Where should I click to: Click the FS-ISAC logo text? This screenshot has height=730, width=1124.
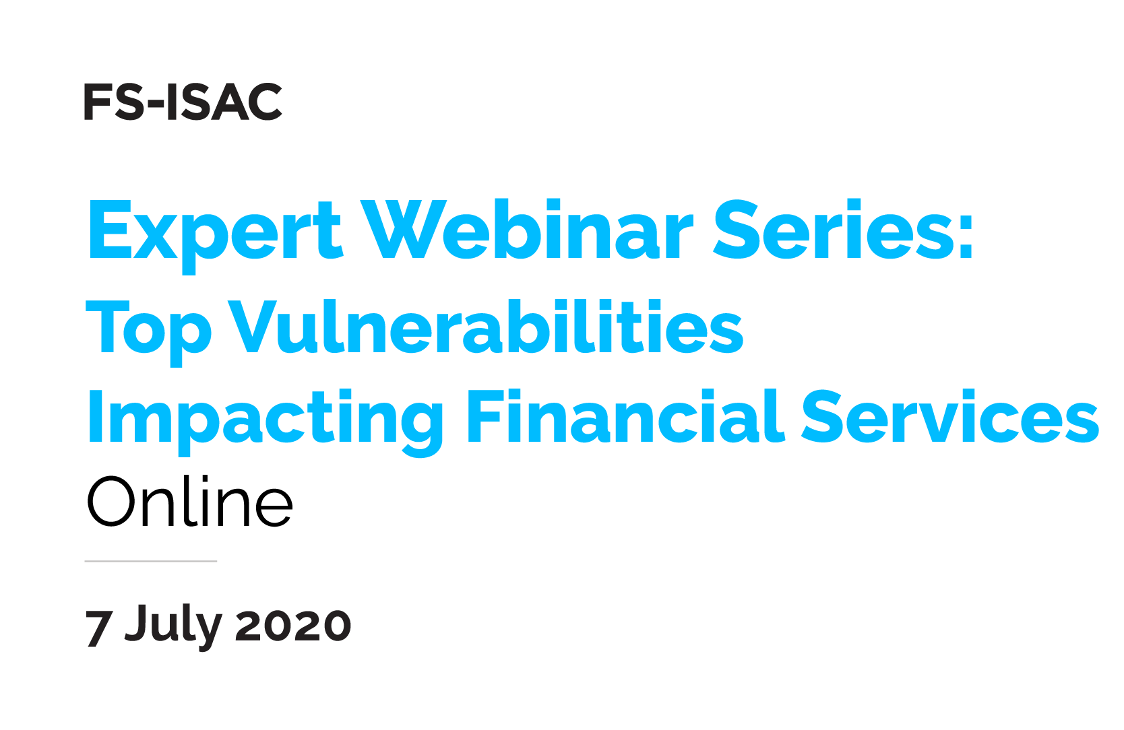point(183,102)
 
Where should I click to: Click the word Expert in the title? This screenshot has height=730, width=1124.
point(215,230)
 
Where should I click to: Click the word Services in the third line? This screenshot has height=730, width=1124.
point(950,418)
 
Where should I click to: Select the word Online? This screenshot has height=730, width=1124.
point(189,502)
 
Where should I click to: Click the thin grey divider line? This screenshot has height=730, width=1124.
point(150,561)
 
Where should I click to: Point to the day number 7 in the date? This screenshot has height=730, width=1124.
point(98,628)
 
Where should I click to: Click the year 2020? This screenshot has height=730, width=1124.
point(293,626)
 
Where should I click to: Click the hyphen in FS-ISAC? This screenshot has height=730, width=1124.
point(155,105)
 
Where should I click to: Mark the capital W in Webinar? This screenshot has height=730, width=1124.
point(402,229)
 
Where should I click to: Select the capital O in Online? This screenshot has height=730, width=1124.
point(113,502)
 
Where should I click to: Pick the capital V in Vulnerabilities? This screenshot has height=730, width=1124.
point(253,326)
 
